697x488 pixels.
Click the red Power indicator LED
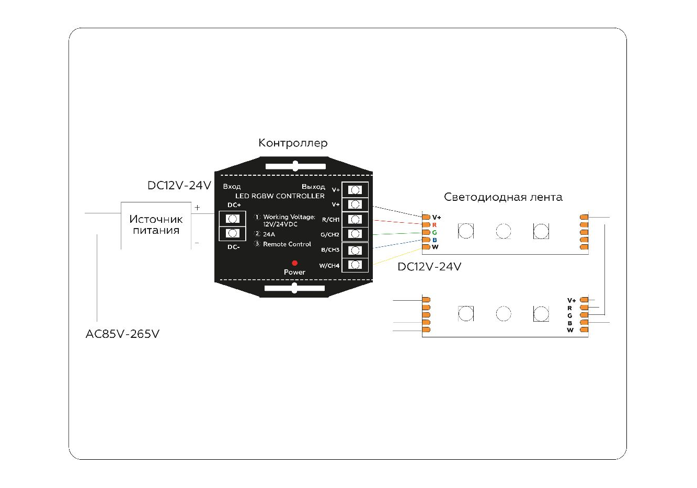tap(294, 263)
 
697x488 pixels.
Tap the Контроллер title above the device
tap(293, 143)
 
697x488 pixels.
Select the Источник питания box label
tap(156, 225)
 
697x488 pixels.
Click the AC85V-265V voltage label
tap(122, 334)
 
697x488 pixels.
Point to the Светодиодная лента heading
tap(503, 197)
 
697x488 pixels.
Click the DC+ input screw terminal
tap(233, 218)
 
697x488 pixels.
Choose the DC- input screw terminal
tap(233, 233)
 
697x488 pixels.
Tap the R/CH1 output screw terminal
tap(355, 219)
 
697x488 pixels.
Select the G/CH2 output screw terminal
tap(355, 234)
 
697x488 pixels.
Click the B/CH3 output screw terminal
tap(355, 249)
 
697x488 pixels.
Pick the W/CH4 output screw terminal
tap(355, 265)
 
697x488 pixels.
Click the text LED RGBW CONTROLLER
tap(280, 196)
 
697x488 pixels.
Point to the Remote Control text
tap(287, 244)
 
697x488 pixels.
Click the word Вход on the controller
tap(232, 187)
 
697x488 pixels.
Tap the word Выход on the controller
tap(313, 187)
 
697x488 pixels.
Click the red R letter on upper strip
tap(435, 225)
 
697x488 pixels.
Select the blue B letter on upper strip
tap(435, 240)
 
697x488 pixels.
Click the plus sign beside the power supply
tap(197, 208)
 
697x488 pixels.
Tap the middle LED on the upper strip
tap(503, 231)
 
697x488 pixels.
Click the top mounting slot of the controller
tap(295, 166)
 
